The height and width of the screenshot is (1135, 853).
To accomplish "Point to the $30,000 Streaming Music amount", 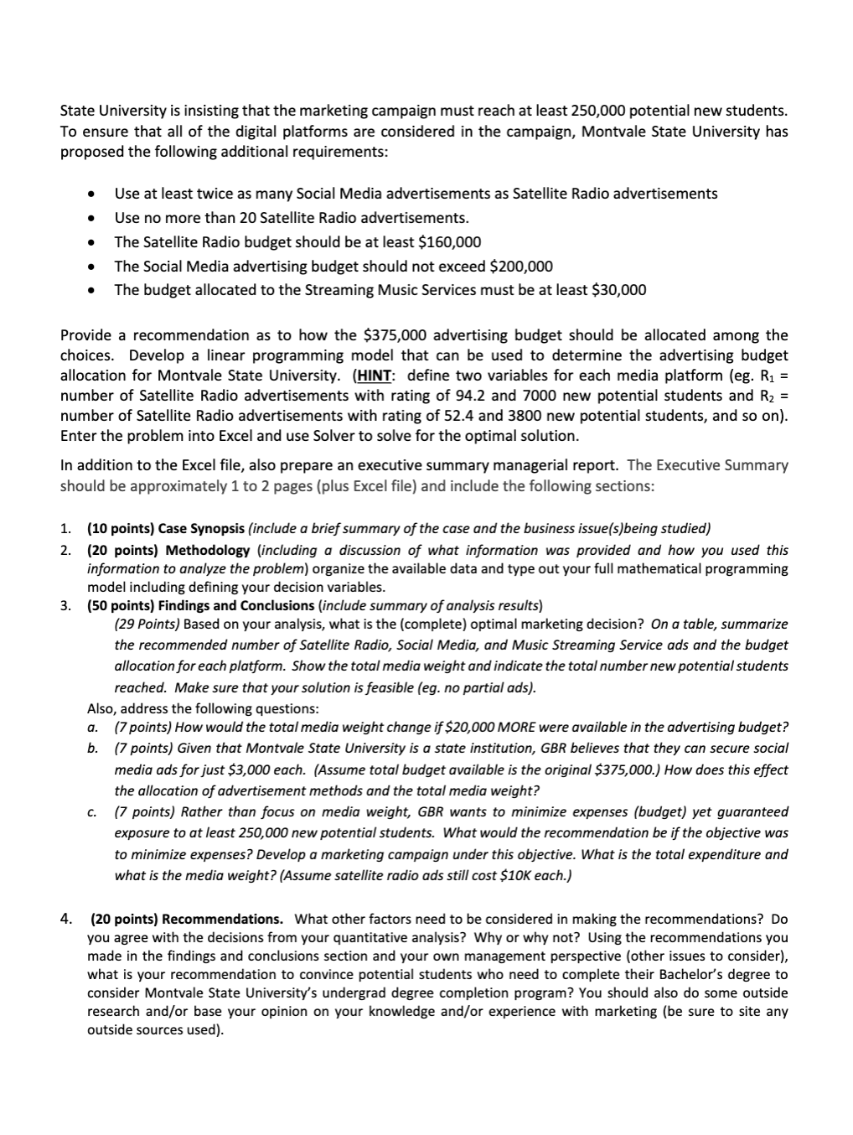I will click(x=618, y=290).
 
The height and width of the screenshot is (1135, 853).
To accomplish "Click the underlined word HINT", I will click(x=375, y=376).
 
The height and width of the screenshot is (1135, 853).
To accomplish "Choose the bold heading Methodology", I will click(x=207, y=550).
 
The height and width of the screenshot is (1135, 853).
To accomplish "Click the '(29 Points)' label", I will click(x=147, y=625).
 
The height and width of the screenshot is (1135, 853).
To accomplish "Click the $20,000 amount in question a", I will click(x=473, y=728).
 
